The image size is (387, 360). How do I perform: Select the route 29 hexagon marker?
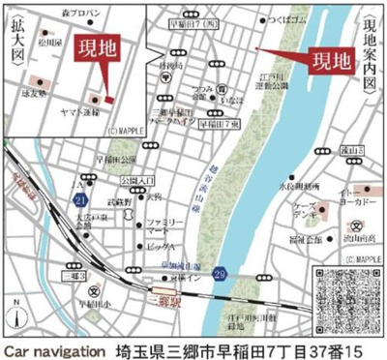[222, 275]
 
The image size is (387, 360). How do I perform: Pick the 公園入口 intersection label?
[136, 181]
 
